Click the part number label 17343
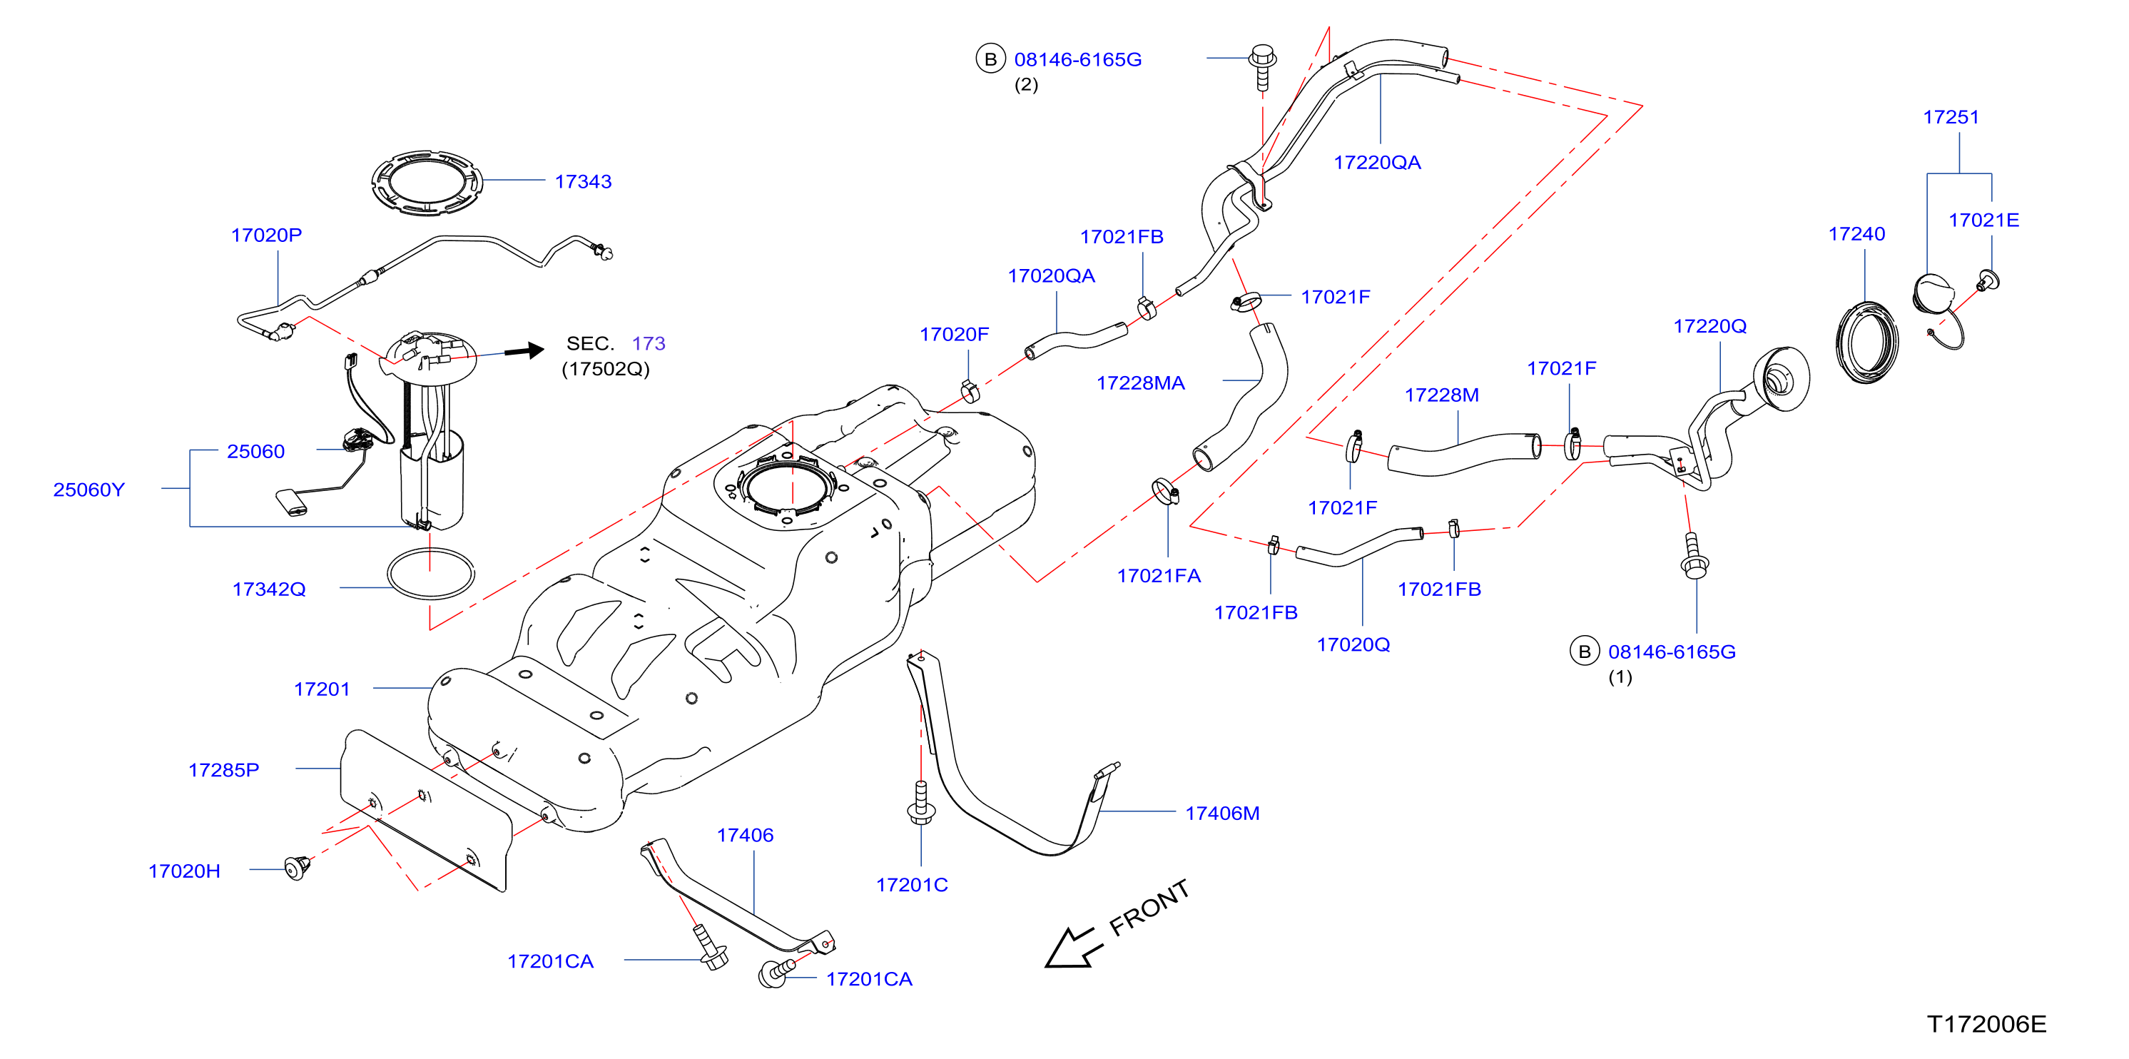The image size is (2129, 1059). point(583,181)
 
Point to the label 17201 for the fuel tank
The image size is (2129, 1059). point(322,689)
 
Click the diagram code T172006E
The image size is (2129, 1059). point(1986,1023)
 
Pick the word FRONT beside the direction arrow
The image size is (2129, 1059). point(1149,908)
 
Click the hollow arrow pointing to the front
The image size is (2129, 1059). point(1073,948)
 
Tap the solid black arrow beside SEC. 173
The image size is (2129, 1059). point(524,350)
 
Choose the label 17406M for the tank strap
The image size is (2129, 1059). point(1222,813)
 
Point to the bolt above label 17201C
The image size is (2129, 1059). point(920,803)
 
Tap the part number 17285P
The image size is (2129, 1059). point(223,770)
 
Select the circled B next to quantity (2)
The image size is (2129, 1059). point(990,59)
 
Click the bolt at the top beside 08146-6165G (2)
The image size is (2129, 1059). point(1262,67)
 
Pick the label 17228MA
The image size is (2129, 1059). point(1141,382)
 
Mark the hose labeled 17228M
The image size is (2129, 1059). point(1463,455)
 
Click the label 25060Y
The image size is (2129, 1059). point(88,490)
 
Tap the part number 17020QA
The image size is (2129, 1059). point(1051,275)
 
